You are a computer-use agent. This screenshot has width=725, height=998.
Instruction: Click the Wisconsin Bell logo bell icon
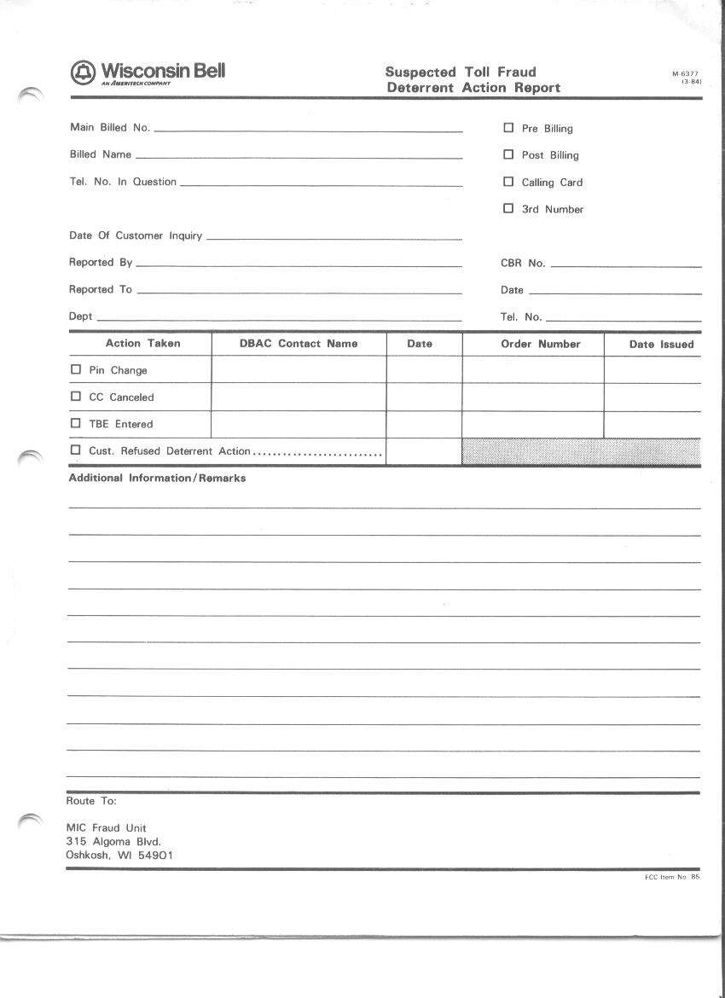[83, 73]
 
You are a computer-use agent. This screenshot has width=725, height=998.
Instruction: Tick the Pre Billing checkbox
[508, 128]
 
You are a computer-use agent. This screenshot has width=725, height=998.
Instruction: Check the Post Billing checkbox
[508, 154]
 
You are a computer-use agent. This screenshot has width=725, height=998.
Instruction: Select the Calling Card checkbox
[508, 182]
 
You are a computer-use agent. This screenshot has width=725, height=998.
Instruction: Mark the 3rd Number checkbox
[508, 208]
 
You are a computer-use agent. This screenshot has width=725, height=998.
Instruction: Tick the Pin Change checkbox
[76, 370]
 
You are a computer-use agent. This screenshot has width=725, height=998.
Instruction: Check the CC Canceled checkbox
[76, 397]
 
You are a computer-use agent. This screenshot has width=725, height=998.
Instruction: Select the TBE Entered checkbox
[76, 423]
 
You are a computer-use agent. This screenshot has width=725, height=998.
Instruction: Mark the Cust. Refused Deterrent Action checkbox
[76, 450]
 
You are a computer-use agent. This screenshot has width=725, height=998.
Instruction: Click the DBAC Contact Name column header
[299, 344]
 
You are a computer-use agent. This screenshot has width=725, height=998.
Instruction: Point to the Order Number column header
[540, 344]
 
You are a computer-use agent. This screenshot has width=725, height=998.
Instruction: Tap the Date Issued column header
[661, 345]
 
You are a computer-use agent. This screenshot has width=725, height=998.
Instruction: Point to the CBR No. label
[523, 264]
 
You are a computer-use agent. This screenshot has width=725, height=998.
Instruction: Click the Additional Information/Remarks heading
[157, 479]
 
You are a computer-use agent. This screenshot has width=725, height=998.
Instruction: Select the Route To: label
[91, 801]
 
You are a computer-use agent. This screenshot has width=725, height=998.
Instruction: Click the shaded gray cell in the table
[581, 452]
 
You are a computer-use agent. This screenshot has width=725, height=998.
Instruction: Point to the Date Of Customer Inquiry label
[136, 235]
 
